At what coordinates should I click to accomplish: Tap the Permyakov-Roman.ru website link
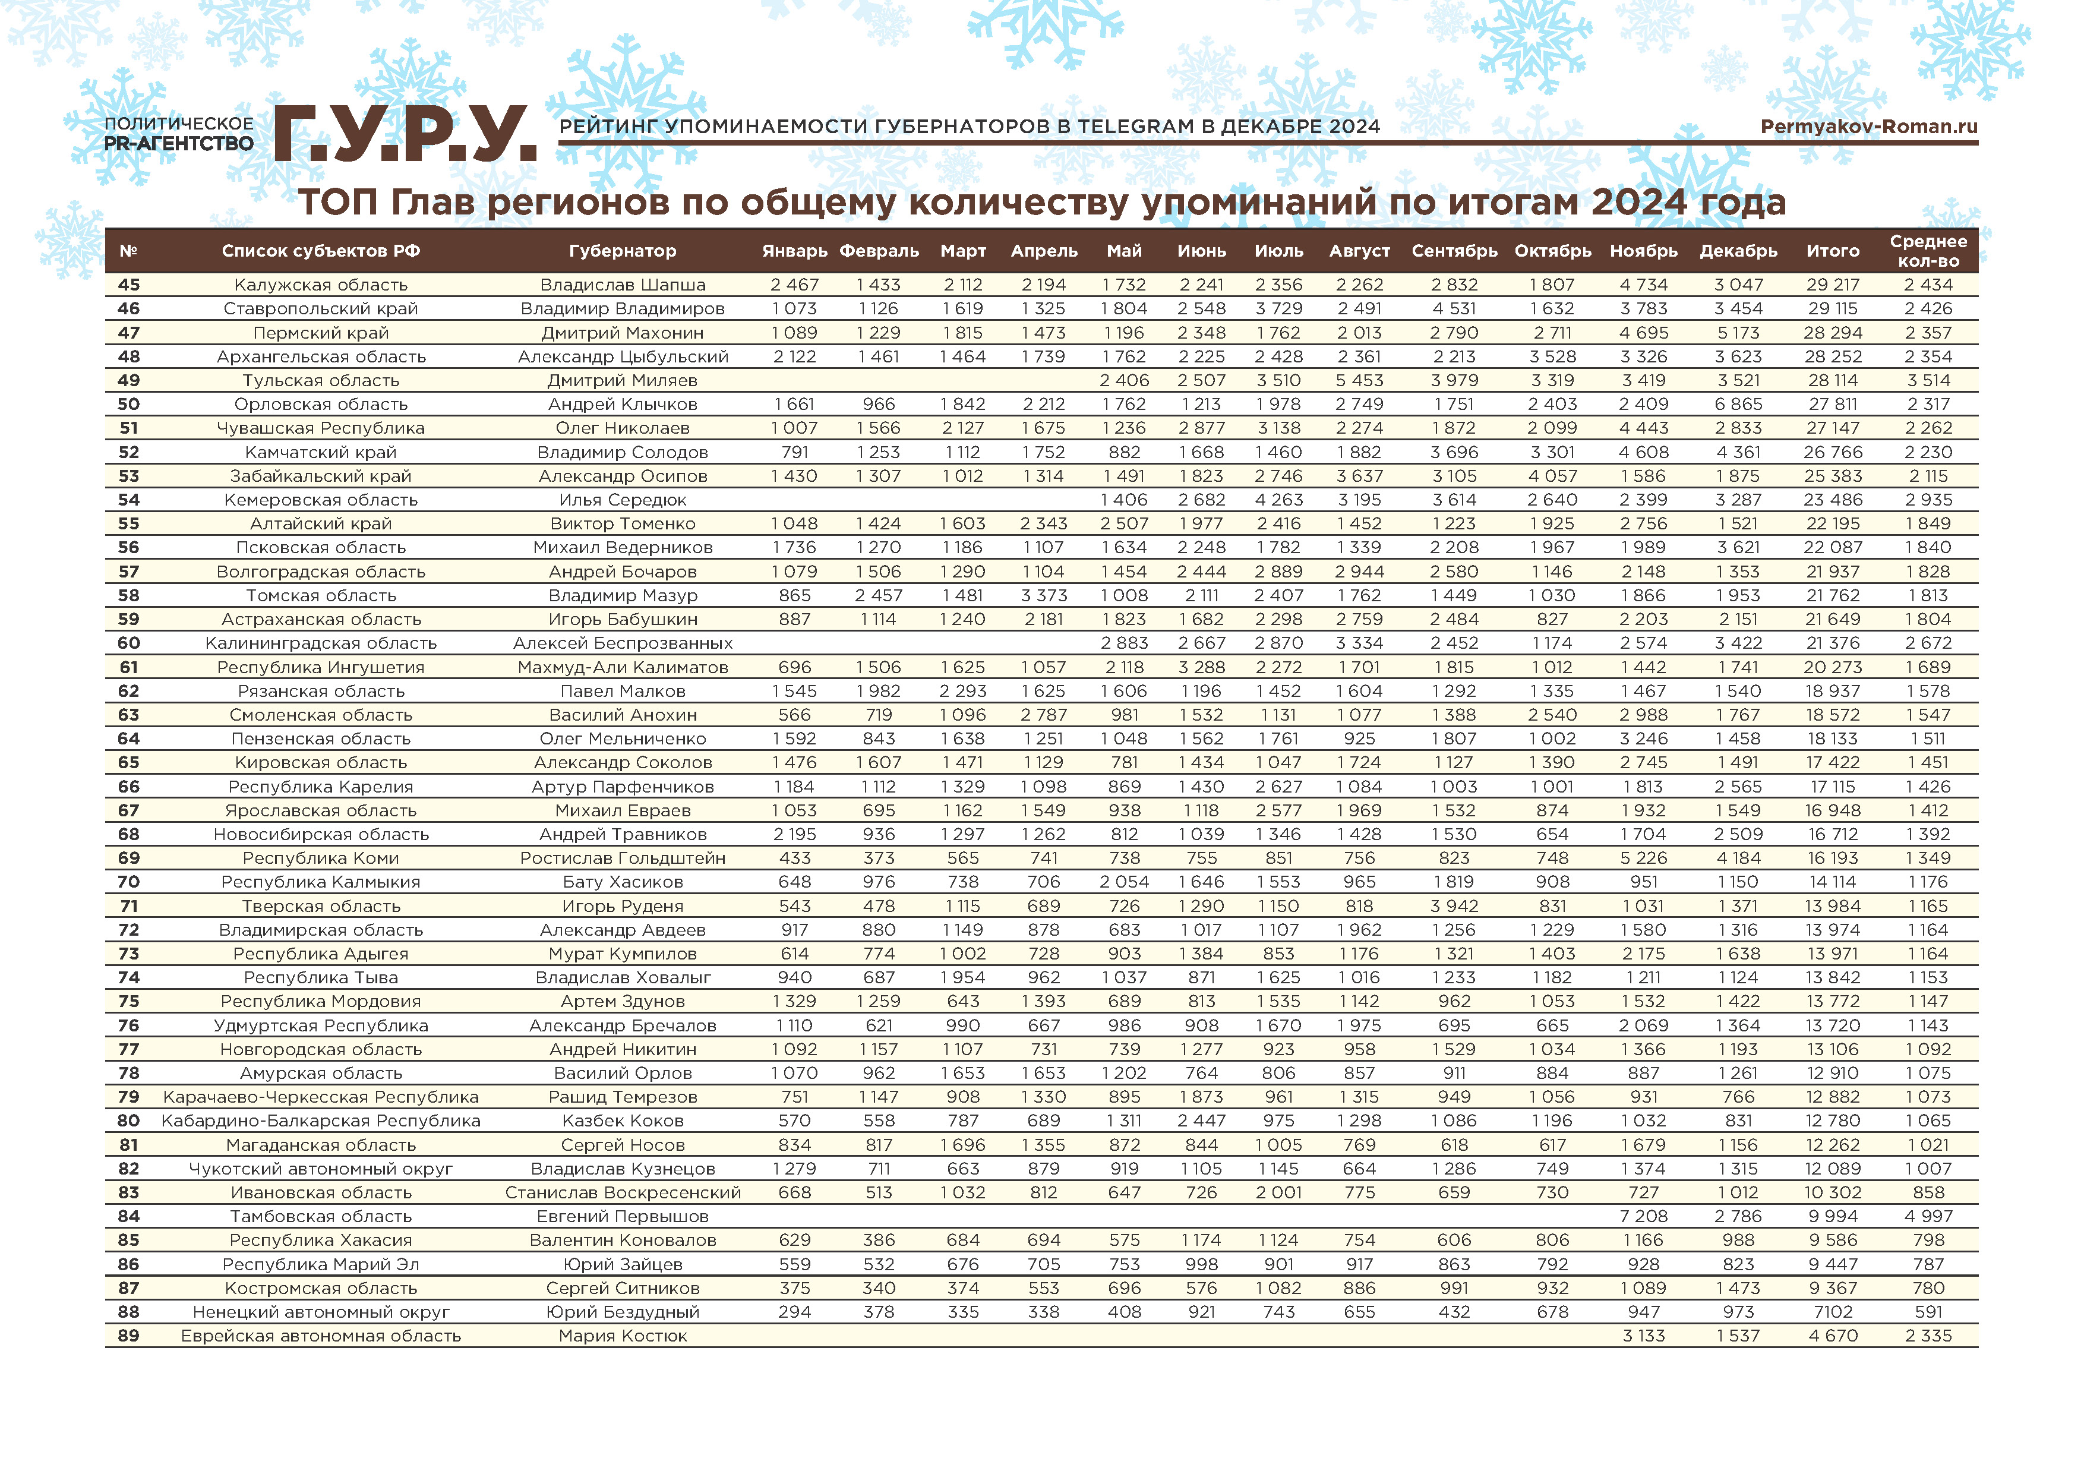pyautogui.click(x=1868, y=126)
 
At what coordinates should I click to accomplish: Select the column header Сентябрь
pyautogui.click(x=1454, y=251)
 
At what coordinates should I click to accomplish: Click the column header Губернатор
pyautogui.click(x=622, y=251)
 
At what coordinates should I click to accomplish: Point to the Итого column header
pyautogui.click(x=1833, y=251)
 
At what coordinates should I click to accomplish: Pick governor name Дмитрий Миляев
pyautogui.click(x=622, y=380)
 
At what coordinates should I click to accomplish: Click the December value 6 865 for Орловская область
pyautogui.click(x=1738, y=404)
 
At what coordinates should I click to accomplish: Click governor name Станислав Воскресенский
pyautogui.click(x=623, y=1192)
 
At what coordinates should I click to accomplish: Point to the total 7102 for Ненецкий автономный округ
pyautogui.click(x=1833, y=1312)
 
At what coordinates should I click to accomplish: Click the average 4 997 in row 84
pyautogui.click(x=1928, y=1216)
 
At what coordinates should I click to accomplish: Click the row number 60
pyautogui.click(x=129, y=643)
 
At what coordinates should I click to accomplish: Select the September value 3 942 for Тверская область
pyautogui.click(x=1454, y=906)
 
